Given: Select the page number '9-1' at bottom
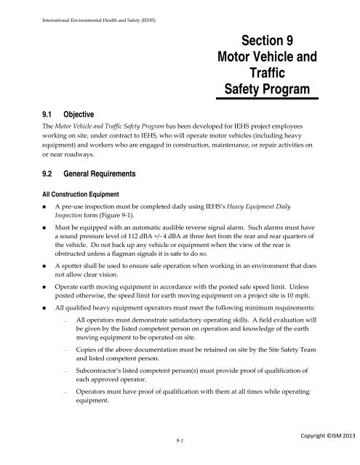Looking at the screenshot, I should (x=169, y=439).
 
